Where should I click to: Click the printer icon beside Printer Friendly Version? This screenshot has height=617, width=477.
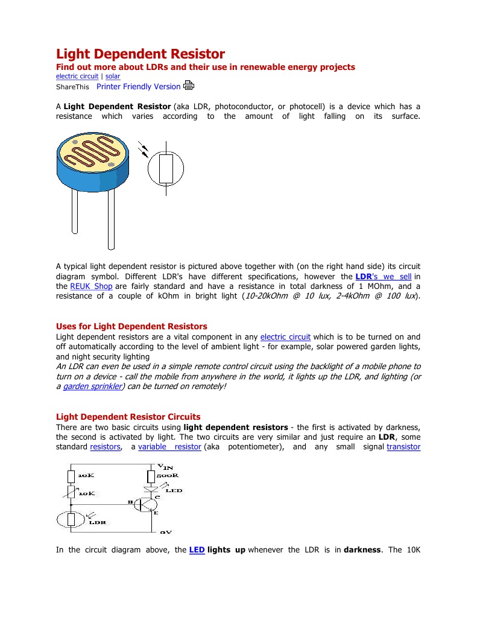pyautogui.click(x=189, y=86)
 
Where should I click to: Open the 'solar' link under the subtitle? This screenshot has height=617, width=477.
pyautogui.click(x=113, y=77)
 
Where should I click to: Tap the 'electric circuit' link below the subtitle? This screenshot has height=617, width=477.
pyautogui.click(x=77, y=77)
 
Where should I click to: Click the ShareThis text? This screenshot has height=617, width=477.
pyautogui.click(x=72, y=87)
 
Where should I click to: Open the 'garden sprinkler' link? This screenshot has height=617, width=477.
pyautogui.click(x=90, y=386)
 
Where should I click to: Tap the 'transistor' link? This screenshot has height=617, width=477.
pyautogui.click(x=403, y=447)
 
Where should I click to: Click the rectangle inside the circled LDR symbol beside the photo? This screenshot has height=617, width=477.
pyautogui.click(x=166, y=168)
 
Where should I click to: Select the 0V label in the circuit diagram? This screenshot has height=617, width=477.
pyautogui.click(x=166, y=533)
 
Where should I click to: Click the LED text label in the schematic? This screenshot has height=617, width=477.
pyautogui.click(x=174, y=490)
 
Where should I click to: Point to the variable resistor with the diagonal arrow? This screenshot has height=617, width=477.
pyautogui.click(x=71, y=493)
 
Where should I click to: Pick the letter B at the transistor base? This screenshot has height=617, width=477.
pyautogui.click(x=129, y=502)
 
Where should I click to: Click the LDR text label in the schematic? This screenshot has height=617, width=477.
pyautogui.click(x=98, y=522)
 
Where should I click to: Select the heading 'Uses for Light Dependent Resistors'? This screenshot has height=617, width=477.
pyautogui.click(x=131, y=326)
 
